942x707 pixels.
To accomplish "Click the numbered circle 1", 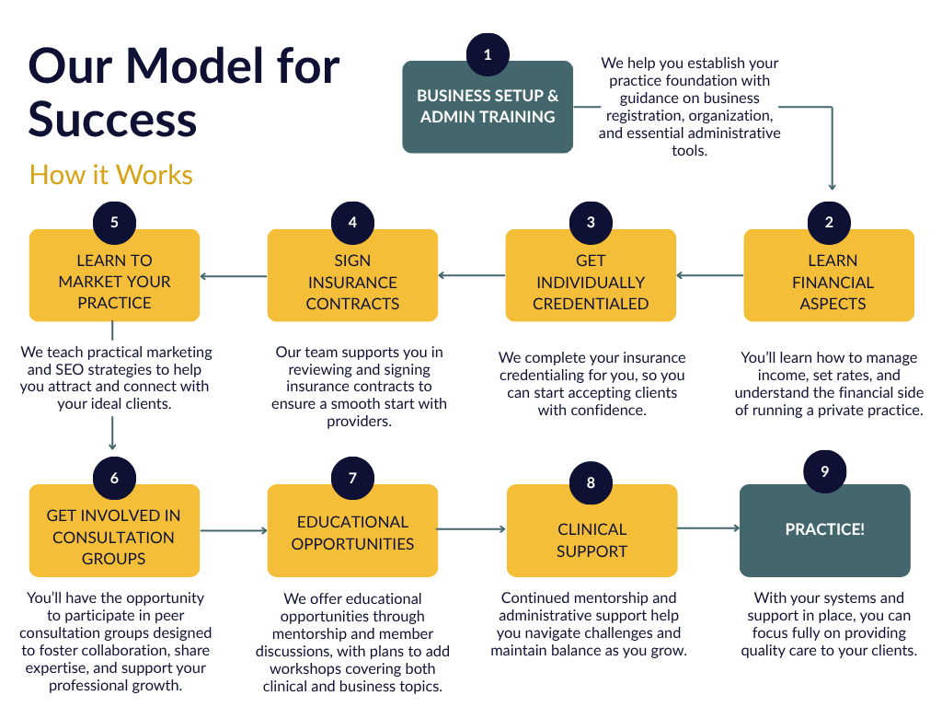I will [x=488, y=54].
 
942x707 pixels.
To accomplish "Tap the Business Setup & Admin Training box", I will [x=488, y=107].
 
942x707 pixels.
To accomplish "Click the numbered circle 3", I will [x=591, y=222].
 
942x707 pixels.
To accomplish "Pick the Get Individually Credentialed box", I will [x=591, y=282].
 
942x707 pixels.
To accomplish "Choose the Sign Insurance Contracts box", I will [x=352, y=282].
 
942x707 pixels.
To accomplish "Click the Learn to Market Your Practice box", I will [x=114, y=281].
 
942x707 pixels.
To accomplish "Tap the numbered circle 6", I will [x=114, y=478].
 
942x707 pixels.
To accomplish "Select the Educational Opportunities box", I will [x=352, y=532].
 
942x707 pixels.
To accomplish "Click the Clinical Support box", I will [x=592, y=539].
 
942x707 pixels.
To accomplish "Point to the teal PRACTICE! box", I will [x=825, y=530].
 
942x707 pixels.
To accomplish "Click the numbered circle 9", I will [x=824, y=470].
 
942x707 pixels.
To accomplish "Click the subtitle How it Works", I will [x=111, y=174].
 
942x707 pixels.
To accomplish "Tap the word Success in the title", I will [x=113, y=120].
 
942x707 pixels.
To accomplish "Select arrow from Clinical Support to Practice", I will [x=708, y=528].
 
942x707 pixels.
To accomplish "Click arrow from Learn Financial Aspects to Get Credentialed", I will [x=709, y=275].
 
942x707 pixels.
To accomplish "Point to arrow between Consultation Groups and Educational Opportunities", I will [x=234, y=530].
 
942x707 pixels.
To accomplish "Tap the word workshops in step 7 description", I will [x=306, y=668].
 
